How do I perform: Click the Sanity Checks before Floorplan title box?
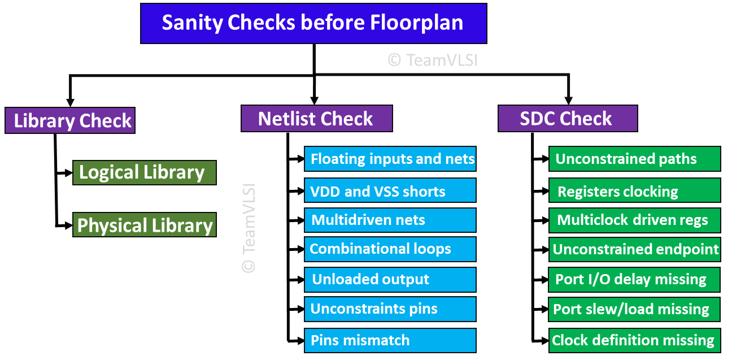313,23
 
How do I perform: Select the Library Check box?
70,120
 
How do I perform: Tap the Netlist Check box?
316,119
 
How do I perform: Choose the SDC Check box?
568,119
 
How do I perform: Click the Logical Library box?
145,172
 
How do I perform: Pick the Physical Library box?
145,225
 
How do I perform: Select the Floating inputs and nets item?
390,159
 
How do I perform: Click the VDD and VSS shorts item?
390,191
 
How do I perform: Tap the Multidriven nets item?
390,220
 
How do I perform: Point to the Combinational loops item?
390,249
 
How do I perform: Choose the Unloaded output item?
390,279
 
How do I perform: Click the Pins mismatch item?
390,340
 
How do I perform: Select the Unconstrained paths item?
635,159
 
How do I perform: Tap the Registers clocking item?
635,191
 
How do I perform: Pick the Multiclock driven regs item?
635,220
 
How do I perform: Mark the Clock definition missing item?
635,340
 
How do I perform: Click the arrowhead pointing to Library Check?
70,102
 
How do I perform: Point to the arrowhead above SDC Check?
568,99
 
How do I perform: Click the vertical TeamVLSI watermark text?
249,228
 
